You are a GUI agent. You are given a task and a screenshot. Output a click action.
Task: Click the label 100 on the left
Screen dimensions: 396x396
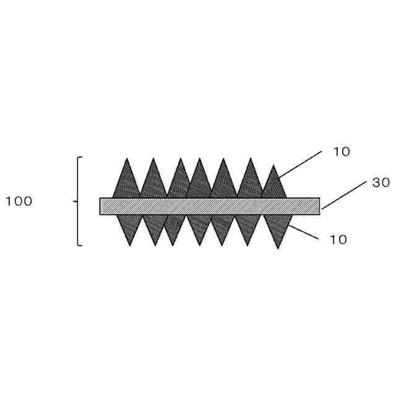point(19,202)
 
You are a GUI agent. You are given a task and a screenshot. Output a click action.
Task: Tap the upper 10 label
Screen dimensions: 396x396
point(342,152)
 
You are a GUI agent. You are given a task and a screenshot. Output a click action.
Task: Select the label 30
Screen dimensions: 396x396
point(381,183)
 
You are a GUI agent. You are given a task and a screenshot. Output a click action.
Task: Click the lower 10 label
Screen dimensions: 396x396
point(338,239)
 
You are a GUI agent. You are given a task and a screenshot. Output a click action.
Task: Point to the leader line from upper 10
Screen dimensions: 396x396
point(299,165)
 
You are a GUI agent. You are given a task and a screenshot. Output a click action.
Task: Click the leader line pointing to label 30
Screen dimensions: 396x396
point(344,195)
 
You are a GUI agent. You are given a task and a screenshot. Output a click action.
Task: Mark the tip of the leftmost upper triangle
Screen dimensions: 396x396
point(127,158)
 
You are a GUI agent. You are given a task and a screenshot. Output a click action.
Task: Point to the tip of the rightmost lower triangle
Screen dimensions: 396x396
point(278,249)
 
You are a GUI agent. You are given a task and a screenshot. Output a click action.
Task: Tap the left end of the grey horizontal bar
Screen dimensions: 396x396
point(100,206)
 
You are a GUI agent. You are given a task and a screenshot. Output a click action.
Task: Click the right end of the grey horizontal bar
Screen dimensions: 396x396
point(320,206)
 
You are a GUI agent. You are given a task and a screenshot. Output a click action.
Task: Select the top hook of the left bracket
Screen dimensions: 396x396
point(80,157)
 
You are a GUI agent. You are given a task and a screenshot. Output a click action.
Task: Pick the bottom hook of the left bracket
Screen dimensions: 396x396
point(80,245)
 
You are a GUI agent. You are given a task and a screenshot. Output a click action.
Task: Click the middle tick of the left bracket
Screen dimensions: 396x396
point(75,201)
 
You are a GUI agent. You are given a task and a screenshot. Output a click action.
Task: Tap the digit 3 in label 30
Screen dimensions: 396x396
point(377,183)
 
